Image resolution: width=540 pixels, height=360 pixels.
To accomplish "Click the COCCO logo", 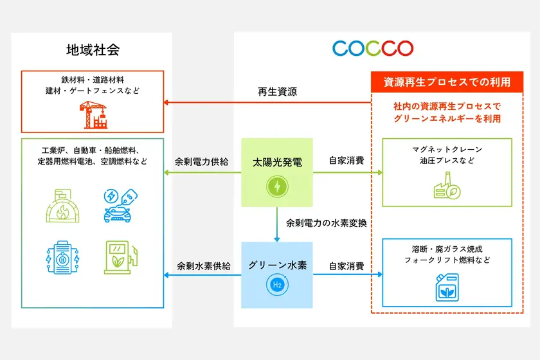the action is (373, 48).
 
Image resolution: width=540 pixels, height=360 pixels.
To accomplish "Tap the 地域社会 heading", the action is (93, 50).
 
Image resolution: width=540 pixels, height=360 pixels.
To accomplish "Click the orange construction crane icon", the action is (93, 114).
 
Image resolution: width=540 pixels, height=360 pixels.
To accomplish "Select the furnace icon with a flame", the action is (63, 206).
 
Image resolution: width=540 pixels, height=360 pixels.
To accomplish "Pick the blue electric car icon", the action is (120, 205).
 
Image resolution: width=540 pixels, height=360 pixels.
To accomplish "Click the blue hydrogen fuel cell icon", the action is (63, 257).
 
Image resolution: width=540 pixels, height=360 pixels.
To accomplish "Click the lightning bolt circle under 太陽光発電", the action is (277, 186).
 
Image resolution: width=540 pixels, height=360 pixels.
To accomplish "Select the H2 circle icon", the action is (277, 285).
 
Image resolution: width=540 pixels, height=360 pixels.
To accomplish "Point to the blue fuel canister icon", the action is (447, 287).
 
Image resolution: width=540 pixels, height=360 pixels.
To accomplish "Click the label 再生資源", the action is (277, 92).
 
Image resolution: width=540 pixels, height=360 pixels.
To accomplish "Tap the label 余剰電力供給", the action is (201, 161).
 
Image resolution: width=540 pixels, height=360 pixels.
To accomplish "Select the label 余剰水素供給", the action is (204, 266).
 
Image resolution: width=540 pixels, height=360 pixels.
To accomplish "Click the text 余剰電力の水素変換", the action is (326, 223).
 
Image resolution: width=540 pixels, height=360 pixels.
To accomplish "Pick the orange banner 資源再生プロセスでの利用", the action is (447, 82).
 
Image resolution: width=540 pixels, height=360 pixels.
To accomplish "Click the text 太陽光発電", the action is (277, 162).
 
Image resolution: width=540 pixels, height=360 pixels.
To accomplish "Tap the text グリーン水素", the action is (277, 265).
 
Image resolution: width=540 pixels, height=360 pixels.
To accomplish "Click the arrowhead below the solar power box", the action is (277, 239).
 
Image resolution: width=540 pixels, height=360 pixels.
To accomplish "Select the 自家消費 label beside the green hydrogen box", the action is (346, 266).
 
